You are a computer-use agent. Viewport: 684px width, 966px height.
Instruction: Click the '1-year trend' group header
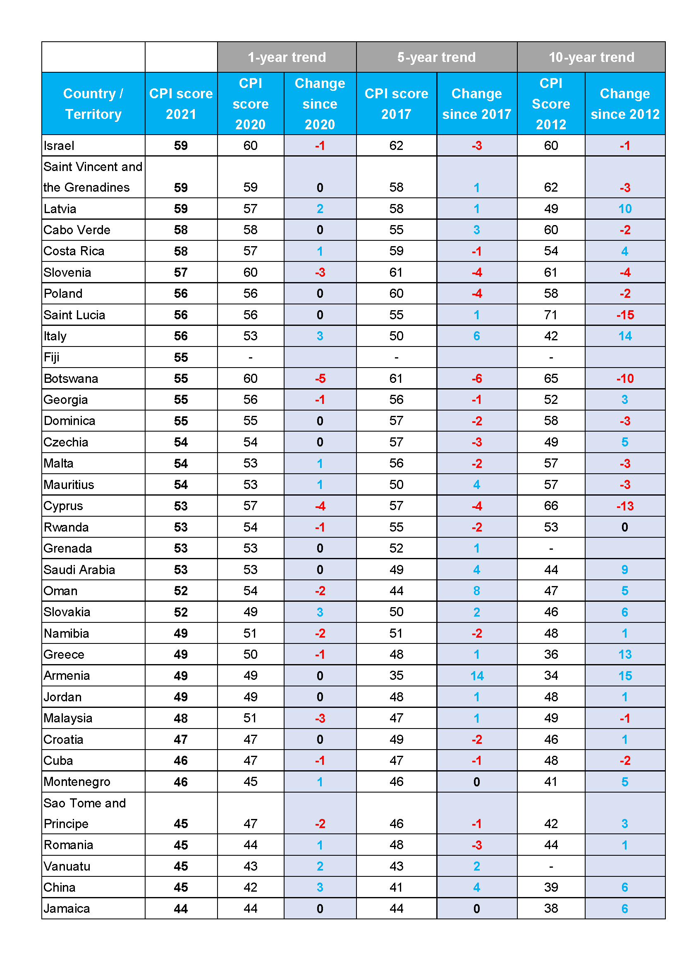click(287, 57)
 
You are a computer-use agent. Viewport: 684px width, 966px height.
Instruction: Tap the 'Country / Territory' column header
click(93, 104)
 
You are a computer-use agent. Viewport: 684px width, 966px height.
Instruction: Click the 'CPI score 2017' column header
click(396, 104)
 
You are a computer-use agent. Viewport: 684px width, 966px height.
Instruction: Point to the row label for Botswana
click(71, 379)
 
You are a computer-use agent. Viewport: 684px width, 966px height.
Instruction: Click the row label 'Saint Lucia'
click(74, 315)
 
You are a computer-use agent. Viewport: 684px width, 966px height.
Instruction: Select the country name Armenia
click(67, 676)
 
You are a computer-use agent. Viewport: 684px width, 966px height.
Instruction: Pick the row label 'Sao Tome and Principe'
click(85, 813)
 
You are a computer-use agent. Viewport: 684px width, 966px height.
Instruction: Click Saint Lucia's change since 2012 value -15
click(624, 315)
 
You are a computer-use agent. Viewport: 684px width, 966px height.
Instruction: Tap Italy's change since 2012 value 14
click(624, 336)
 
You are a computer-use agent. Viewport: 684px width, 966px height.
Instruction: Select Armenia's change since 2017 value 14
click(476, 676)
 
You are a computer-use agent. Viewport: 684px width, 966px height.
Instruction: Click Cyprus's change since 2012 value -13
click(624, 506)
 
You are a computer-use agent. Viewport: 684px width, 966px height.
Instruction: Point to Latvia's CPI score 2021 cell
click(181, 209)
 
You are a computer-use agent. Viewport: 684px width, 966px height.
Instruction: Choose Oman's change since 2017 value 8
click(476, 591)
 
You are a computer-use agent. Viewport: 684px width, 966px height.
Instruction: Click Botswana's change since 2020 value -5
click(320, 379)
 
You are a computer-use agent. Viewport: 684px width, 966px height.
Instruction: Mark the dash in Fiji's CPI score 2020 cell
click(250, 358)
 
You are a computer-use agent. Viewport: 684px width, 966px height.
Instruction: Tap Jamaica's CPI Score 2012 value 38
click(550, 908)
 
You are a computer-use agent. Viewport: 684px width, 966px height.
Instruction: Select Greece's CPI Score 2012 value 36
click(550, 654)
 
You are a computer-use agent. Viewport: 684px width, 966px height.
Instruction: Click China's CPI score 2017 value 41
click(396, 887)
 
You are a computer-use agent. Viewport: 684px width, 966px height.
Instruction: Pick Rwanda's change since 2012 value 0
click(624, 527)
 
